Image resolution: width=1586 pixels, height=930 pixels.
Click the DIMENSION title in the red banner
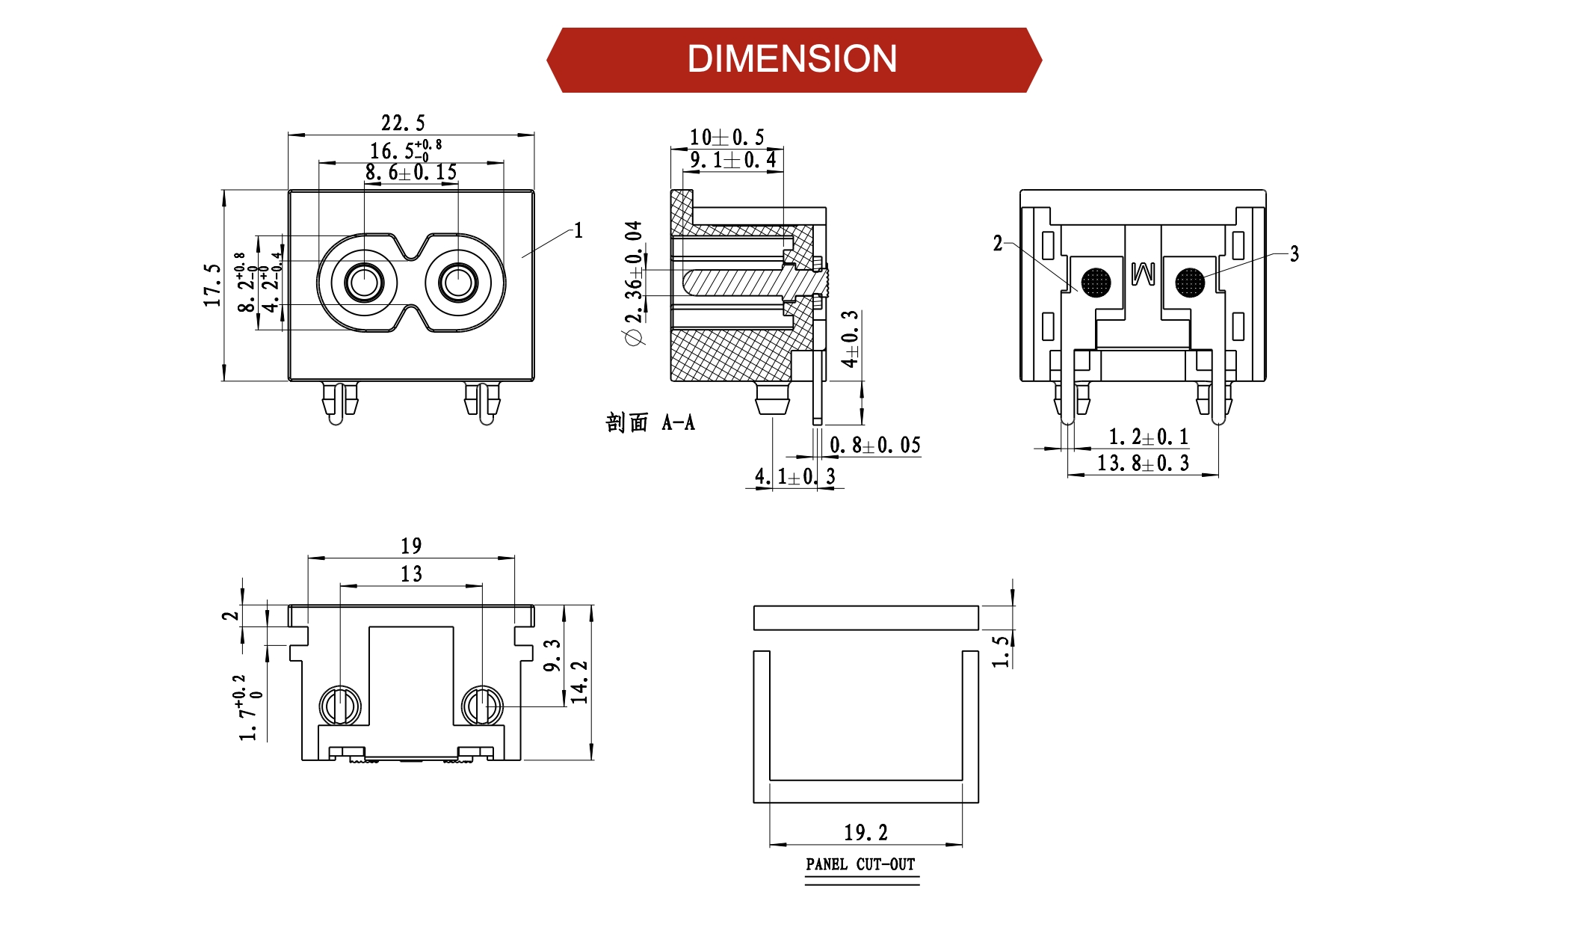pyautogui.click(x=792, y=59)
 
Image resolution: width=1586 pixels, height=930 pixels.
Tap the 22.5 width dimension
pyautogui.click(x=403, y=123)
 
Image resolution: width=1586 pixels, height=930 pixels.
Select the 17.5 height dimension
pyautogui.click(x=213, y=285)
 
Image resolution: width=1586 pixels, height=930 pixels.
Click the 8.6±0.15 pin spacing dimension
pyautogui.click(x=411, y=173)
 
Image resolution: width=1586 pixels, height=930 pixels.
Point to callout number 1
pyautogui.click(x=578, y=230)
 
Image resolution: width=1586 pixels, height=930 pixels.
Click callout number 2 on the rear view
pyautogui.click(x=998, y=243)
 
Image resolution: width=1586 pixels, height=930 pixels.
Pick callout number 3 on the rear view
pyautogui.click(x=1295, y=254)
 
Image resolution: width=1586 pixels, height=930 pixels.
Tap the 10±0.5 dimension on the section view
pyautogui.click(x=726, y=138)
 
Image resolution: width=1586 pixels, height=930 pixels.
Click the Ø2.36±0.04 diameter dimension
pyautogui.click(x=634, y=283)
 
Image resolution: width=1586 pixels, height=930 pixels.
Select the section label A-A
pyautogui.click(x=678, y=423)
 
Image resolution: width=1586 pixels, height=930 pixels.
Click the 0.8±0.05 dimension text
pyautogui.click(x=875, y=446)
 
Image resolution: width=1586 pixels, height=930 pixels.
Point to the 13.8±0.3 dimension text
pyautogui.click(x=1143, y=464)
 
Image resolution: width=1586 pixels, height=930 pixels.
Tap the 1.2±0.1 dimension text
pyautogui.click(x=1148, y=437)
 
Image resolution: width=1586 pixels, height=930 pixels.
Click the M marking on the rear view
pyautogui.click(x=1143, y=274)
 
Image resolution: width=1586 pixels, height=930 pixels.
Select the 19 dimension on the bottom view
pyautogui.click(x=411, y=546)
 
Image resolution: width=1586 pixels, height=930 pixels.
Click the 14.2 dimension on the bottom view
pyautogui.click(x=580, y=682)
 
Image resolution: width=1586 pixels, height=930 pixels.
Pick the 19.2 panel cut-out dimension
pyautogui.click(x=866, y=832)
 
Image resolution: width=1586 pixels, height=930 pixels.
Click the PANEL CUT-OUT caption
pyautogui.click(x=860, y=865)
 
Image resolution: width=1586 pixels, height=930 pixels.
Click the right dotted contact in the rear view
pyautogui.click(x=1190, y=283)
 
